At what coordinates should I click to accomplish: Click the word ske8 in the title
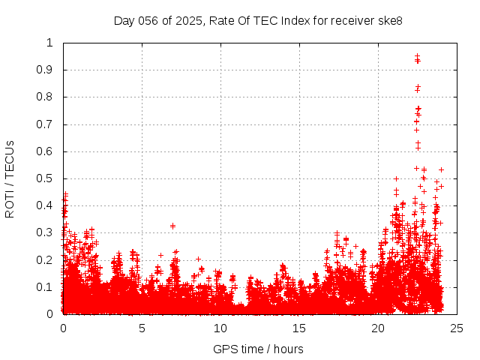[x=389, y=20]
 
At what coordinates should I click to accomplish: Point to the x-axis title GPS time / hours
[x=258, y=349]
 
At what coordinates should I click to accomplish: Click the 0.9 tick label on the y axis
[x=46, y=70]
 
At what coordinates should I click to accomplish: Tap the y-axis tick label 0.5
[x=46, y=178]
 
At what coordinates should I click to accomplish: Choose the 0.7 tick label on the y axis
[x=46, y=124]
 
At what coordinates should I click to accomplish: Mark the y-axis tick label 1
[x=50, y=43]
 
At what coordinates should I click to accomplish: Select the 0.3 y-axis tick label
[x=46, y=232]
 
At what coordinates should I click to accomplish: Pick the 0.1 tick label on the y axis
[x=46, y=287]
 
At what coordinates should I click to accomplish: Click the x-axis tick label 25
[x=457, y=328]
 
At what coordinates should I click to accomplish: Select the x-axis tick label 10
[x=220, y=328]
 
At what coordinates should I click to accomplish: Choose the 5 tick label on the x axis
[x=142, y=328]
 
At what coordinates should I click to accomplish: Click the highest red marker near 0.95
[x=417, y=56]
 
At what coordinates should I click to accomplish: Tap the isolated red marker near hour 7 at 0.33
[x=172, y=226]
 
